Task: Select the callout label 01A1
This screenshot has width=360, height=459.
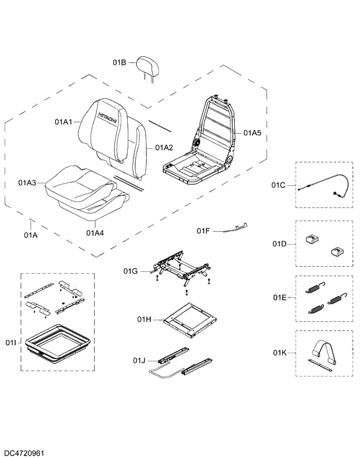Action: coord(63,122)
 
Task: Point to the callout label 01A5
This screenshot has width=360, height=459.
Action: coord(252,133)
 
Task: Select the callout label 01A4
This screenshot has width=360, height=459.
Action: coord(95,233)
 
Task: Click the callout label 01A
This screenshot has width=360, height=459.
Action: coord(31,235)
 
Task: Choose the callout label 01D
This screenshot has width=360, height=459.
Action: coord(279,243)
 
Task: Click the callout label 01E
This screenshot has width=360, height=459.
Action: coord(279,297)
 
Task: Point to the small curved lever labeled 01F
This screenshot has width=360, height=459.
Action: coord(236,228)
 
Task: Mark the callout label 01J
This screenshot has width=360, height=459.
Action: coord(139,361)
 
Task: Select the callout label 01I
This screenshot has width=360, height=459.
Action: coord(11,343)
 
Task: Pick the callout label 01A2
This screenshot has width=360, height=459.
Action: coord(164,148)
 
